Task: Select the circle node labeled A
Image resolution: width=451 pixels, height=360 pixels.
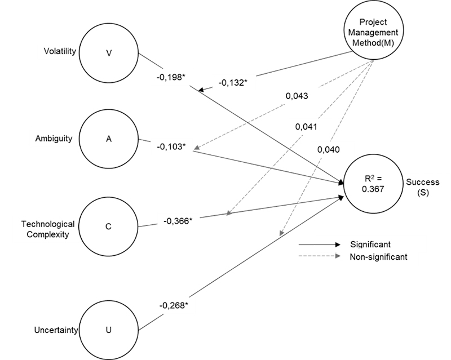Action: point(109,139)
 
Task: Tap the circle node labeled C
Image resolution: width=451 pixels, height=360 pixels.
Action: point(109,226)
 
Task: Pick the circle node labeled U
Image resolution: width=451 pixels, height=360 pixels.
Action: point(109,328)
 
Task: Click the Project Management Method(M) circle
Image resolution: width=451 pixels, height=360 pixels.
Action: point(373,35)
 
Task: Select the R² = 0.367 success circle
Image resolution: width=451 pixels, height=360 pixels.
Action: point(374,185)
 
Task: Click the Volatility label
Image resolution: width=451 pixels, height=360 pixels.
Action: point(60,52)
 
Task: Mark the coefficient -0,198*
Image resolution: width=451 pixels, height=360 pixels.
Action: point(171,77)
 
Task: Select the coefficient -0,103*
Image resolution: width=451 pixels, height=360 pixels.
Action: point(171,146)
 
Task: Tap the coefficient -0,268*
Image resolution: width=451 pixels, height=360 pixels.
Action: point(173,305)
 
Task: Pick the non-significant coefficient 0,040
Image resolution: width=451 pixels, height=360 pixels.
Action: point(328,149)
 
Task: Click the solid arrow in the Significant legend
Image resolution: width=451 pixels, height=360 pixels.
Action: point(320,245)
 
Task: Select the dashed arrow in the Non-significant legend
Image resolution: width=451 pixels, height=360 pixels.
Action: point(320,256)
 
